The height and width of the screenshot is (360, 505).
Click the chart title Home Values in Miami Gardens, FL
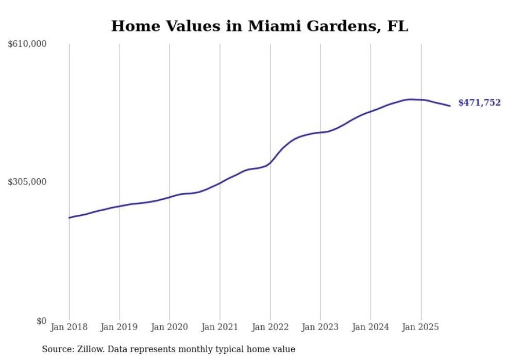[259, 26]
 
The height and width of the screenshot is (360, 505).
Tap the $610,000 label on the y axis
[27, 44]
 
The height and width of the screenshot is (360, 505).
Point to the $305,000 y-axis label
[27, 182]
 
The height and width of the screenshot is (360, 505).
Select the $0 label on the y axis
[41, 321]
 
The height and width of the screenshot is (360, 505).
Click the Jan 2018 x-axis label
[69, 327]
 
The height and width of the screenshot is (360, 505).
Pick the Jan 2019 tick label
[120, 327]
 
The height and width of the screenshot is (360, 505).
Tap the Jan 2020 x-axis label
[170, 327]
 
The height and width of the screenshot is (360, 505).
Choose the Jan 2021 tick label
[220, 327]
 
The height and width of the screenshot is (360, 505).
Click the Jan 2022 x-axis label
[270, 327]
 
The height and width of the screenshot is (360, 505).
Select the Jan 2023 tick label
[320, 327]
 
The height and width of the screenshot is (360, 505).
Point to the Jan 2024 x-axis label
[371, 327]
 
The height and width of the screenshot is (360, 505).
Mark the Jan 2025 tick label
[421, 327]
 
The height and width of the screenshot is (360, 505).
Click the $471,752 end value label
[479, 103]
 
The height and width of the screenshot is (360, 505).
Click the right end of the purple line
[450, 106]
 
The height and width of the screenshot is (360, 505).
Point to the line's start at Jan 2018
[69, 218]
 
